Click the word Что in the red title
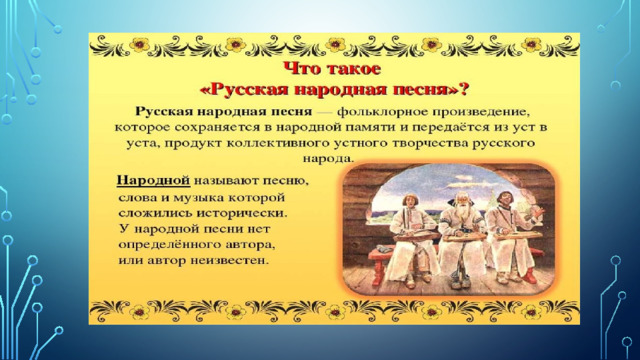tap(303, 68)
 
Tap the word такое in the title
tap(353, 69)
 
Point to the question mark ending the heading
tap(463, 89)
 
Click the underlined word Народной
tap(153, 180)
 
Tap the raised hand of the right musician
tap(539, 211)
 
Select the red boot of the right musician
tap(529, 275)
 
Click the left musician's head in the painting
tap(409, 200)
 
